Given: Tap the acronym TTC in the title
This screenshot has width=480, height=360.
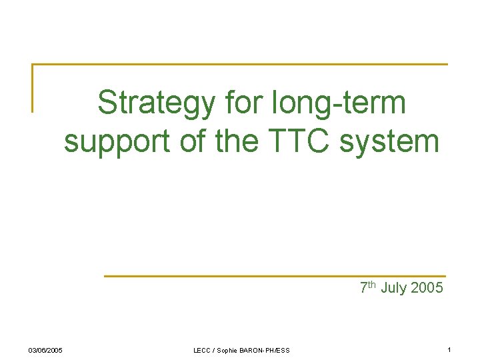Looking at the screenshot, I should pos(297,140).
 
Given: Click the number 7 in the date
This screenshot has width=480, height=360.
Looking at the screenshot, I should pos(363,288).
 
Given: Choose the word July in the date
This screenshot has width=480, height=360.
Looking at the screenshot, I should pos(394,288).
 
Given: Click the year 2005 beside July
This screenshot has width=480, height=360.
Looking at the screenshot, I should pos(427,288).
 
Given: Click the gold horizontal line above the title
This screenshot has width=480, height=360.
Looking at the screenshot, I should pos(240,65).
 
